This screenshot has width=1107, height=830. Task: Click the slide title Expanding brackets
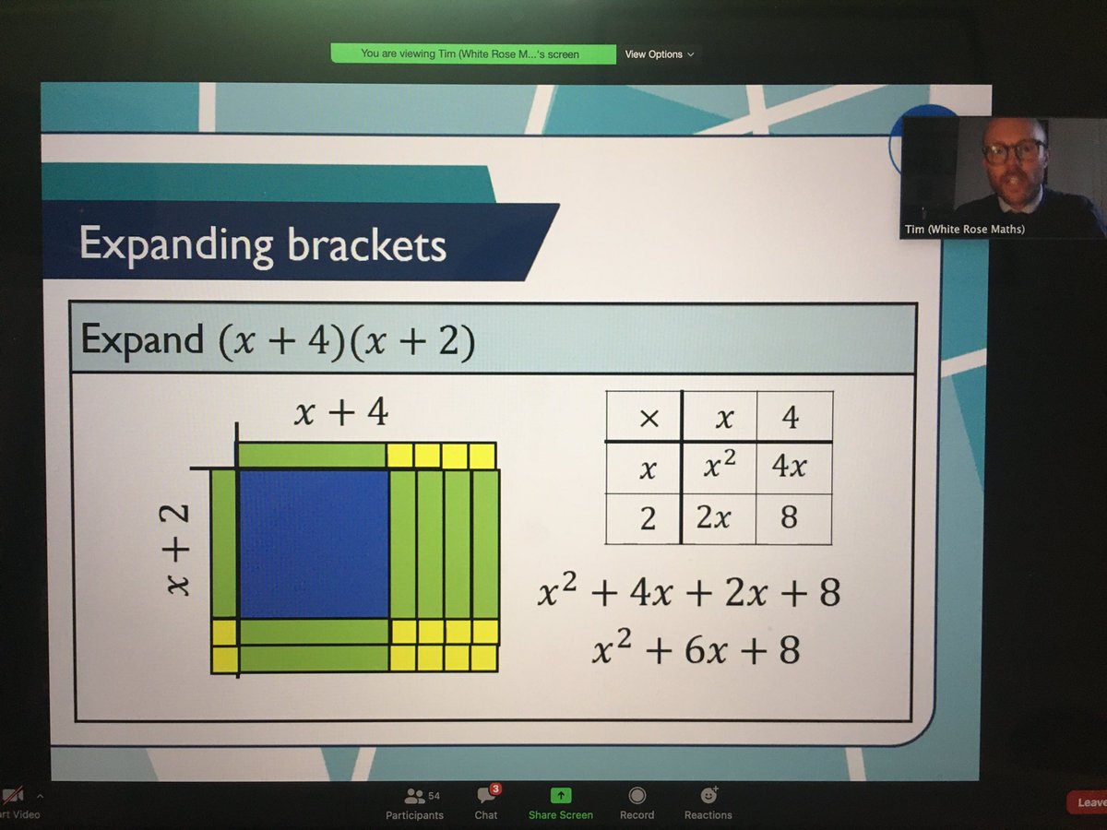point(263,244)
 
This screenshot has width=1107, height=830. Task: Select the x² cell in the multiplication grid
point(719,468)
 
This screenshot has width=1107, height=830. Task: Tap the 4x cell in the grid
point(790,468)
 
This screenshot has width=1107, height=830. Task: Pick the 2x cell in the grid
point(715,518)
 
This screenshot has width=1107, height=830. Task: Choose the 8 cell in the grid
point(789,518)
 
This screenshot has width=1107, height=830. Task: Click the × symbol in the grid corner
point(649,419)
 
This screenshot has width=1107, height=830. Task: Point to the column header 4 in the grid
point(790,419)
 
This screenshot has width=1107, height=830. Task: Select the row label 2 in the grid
point(648,519)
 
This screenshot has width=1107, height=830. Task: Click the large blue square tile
point(314,543)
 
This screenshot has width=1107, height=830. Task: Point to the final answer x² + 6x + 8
point(696,650)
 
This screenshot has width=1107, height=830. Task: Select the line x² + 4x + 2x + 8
point(689,593)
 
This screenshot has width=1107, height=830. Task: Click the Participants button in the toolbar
point(415,803)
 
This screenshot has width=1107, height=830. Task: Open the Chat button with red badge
point(486,803)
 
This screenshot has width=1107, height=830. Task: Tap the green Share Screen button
point(560,803)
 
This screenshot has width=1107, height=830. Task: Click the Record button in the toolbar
point(637,803)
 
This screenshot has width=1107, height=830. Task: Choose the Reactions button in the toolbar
point(708,803)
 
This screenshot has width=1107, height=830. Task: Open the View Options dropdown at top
point(659,54)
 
